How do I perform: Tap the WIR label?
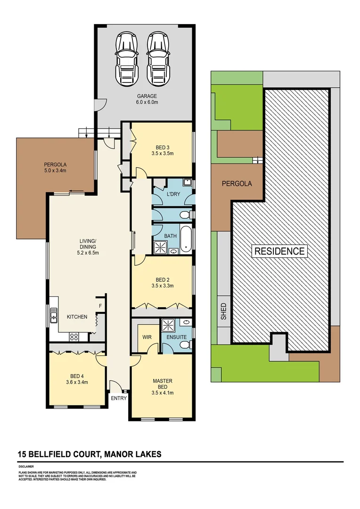pos(146,337)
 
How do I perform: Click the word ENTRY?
pos(119,398)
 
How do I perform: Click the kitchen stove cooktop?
pos(74,337)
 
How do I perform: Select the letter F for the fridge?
pos(100,305)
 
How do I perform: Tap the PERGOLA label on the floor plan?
pos(55,165)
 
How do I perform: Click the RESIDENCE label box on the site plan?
pos(280,251)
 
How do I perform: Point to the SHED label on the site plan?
pos(223,312)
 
